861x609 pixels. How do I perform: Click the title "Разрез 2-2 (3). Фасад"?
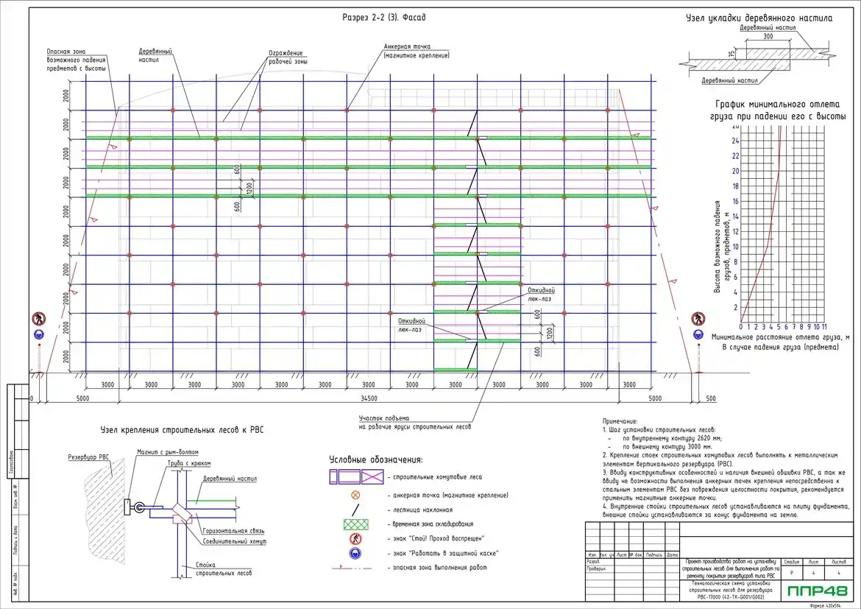click(x=384, y=16)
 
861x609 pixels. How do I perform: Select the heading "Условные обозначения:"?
click(x=376, y=460)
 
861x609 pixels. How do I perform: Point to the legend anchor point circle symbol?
click(x=355, y=495)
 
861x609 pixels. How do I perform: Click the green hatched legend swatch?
click(x=355, y=524)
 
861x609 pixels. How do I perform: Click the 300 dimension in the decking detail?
click(x=768, y=35)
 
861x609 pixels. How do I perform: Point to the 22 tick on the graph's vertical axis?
click(x=734, y=156)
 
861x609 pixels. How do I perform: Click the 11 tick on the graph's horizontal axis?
click(x=824, y=326)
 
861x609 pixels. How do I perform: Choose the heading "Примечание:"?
click(x=620, y=420)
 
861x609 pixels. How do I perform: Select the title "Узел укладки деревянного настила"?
click(x=759, y=17)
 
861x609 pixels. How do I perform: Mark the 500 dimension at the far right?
click(x=710, y=398)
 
